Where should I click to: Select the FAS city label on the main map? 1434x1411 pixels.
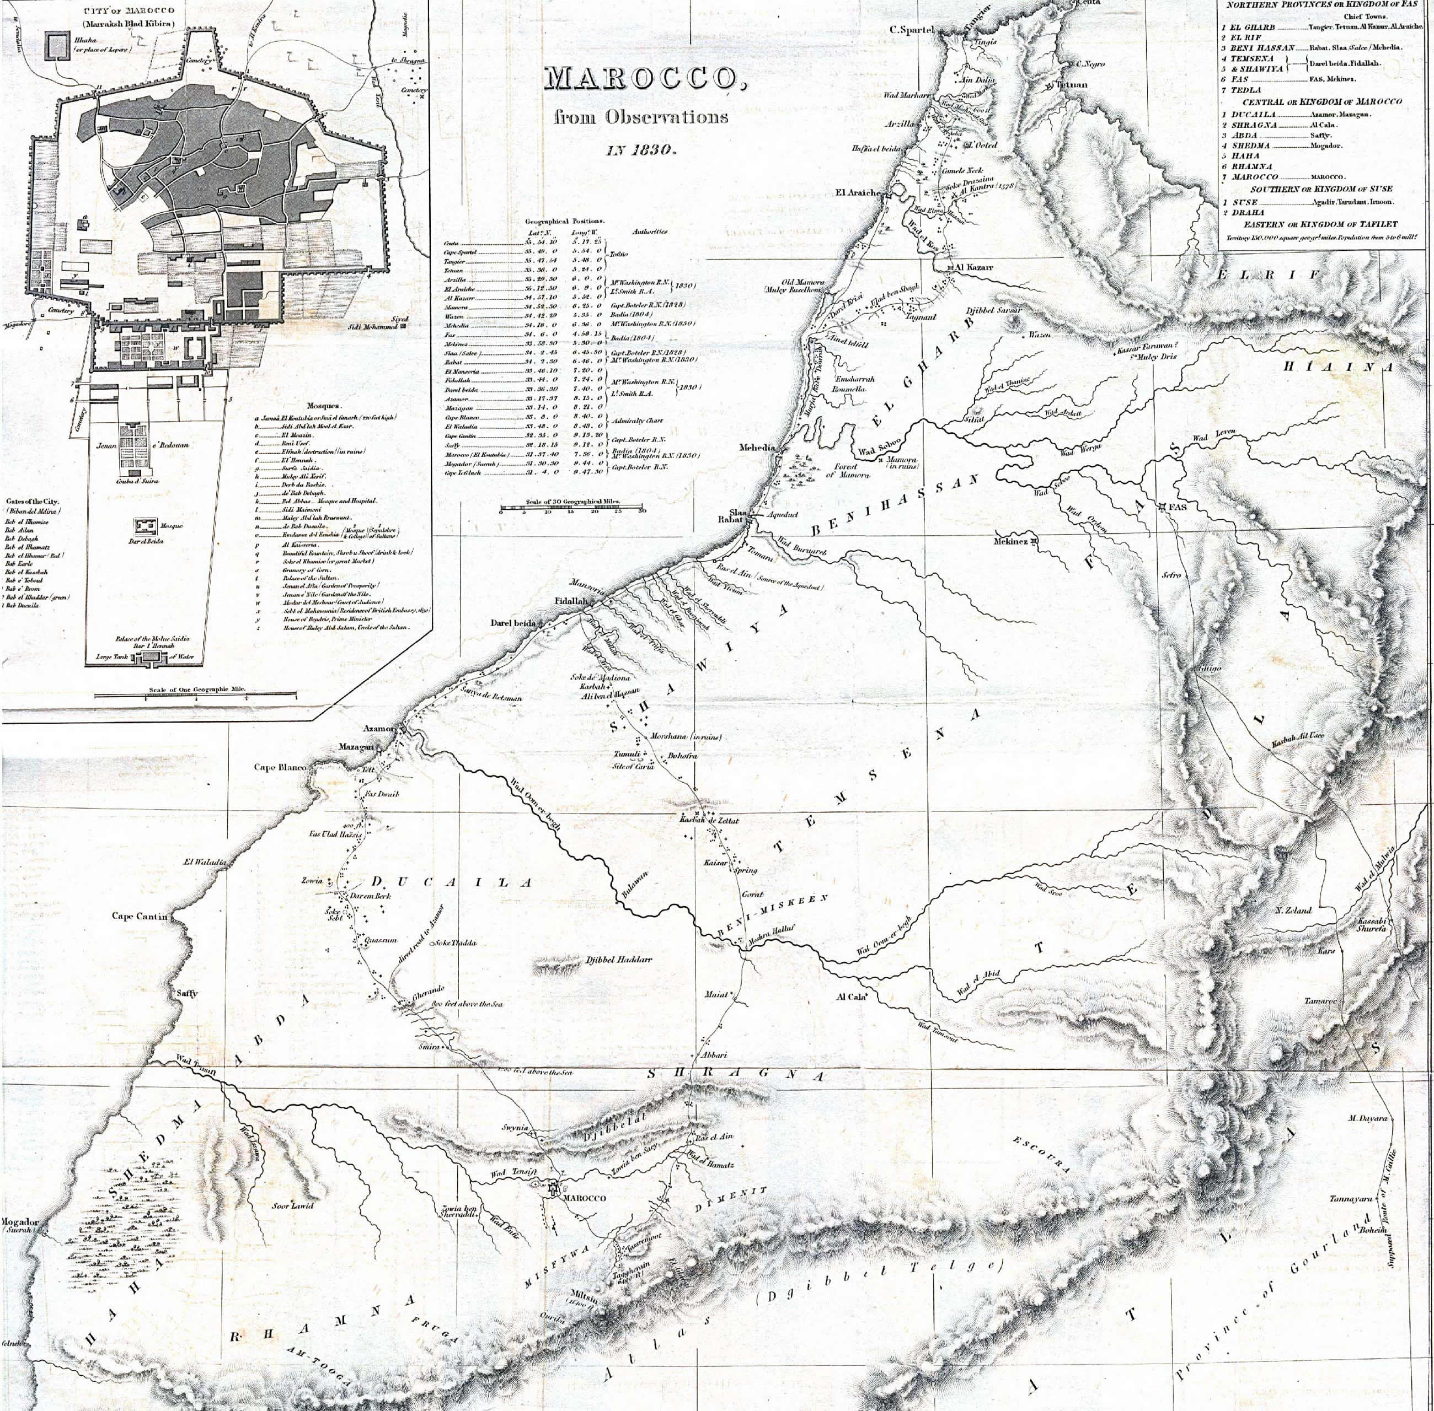click(1178, 507)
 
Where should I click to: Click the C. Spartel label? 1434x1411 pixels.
click(911, 30)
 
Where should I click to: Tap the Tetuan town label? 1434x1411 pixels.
click(1072, 84)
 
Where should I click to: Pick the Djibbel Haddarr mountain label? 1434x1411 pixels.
click(618, 960)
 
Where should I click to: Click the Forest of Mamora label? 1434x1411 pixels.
click(841, 470)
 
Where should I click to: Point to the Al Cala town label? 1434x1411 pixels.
click(850, 997)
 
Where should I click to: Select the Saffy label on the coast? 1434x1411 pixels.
click(187, 993)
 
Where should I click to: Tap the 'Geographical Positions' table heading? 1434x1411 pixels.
click(564, 221)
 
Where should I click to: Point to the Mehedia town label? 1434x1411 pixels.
click(756, 448)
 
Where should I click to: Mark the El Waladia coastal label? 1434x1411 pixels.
click(204, 862)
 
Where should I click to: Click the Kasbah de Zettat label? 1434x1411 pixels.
click(709, 820)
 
